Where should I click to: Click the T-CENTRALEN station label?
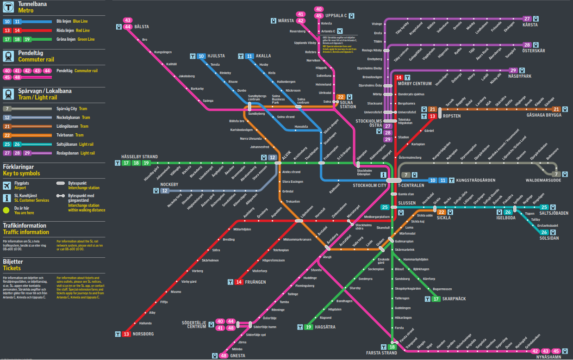[x=411, y=186]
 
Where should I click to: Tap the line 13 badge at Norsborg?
[x=126, y=334]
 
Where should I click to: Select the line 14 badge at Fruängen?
[x=239, y=282]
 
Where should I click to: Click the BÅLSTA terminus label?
[x=142, y=27]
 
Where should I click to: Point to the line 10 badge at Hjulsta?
[x=201, y=56]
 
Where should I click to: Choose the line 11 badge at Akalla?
[x=250, y=56]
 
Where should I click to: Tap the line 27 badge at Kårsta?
[x=527, y=19]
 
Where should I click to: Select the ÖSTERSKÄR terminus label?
[x=534, y=51]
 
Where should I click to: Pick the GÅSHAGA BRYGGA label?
[x=544, y=115]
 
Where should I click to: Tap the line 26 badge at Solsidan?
[x=544, y=232]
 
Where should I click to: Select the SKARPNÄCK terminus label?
[x=454, y=299]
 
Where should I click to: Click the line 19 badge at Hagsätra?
[x=309, y=327]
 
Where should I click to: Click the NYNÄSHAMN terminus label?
[x=548, y=357]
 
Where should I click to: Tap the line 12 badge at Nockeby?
[x=165, y=191]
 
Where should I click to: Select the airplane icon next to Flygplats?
[x=6, y=186]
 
